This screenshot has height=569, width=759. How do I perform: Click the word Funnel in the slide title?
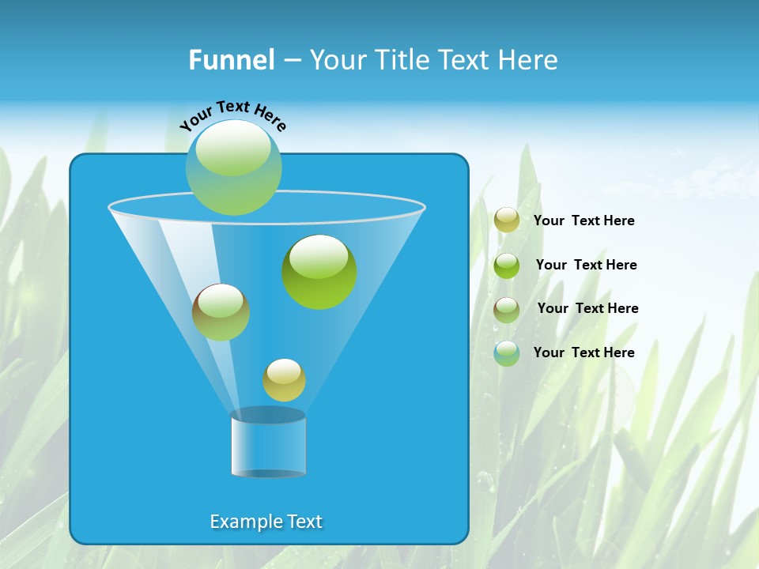pyautogui.click(x=231, y=60)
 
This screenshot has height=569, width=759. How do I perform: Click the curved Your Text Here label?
pyautogui.click(x=233, y=115)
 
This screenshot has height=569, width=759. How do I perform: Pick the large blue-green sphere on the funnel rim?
pyautogui.click(x=233, y=168)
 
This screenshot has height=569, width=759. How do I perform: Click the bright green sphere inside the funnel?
pyautogui.click(x=319, y=273)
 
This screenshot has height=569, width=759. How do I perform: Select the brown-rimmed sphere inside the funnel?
pyautogui.click(x=221, y=312)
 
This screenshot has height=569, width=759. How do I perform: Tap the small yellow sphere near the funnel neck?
pyautogui.click(x=284, y=380)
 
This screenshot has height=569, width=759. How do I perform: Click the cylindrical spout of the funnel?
pyautogui.click(x=268, y=444)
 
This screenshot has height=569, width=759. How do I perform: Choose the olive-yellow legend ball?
pyautogui.click(x=507, y=220)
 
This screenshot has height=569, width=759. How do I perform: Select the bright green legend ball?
pyautogui.click(x=507, y=266)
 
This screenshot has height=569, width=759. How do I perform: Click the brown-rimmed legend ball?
pyautogui.click(x=507, y=310)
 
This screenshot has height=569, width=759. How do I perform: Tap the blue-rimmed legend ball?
pyautogui.click(x=507, y=353)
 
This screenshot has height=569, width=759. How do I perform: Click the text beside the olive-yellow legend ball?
pyautogui.click(x=583, y=220)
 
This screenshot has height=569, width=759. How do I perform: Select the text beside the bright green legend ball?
pyautogui.click(x=586, y=265)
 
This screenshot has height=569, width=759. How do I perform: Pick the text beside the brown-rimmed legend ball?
pyautogui.click(x=587, y=308)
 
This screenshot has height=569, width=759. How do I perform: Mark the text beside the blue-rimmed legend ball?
pyautogui.click(x=583, y=352)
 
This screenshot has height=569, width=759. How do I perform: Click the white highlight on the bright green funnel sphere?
pyautogui.click(x=319, y=256)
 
